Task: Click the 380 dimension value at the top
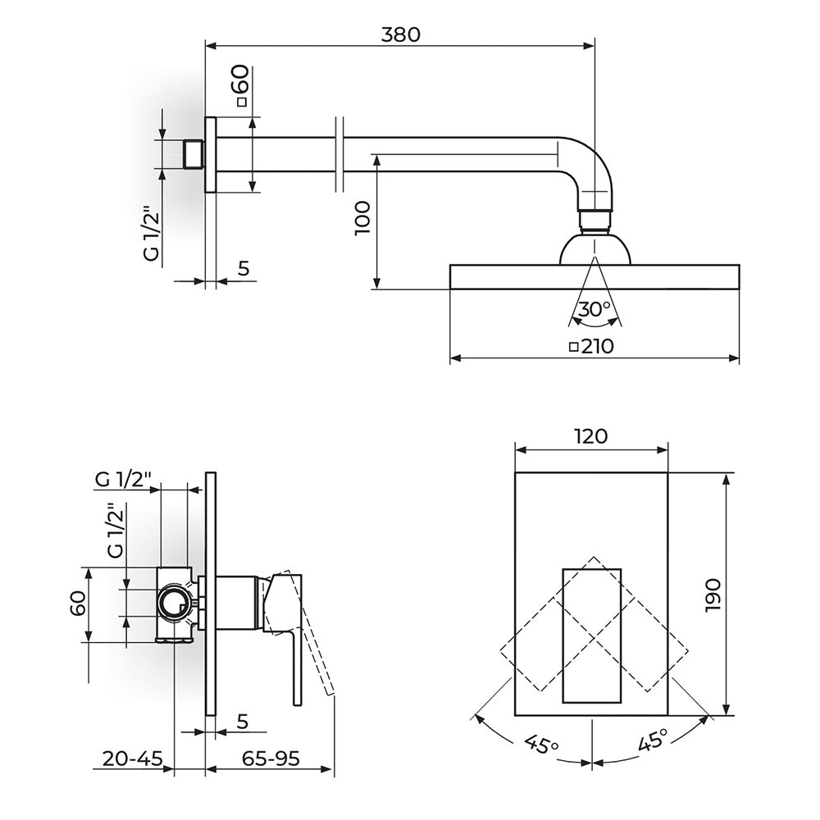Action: point(401,34)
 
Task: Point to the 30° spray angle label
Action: point(594,309)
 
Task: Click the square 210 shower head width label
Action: point(591,346)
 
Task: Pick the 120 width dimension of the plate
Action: point(591,436)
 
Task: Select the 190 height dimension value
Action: point(713,595)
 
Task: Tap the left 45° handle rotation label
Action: point(541,744)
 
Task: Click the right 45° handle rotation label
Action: point(653,740)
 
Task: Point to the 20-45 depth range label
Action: point(132,758)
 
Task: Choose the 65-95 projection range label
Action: point(271,758)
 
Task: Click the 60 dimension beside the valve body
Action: point(78,604)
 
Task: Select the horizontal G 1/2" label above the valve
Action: point(124,479)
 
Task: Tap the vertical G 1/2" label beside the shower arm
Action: point(151,235)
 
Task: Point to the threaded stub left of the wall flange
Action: point(194,154)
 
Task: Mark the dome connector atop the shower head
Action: point(595,250)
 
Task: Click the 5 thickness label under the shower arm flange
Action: point(244,268)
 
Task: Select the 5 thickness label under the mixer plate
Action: point(242,721)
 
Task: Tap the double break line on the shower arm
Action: point(339,154)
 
